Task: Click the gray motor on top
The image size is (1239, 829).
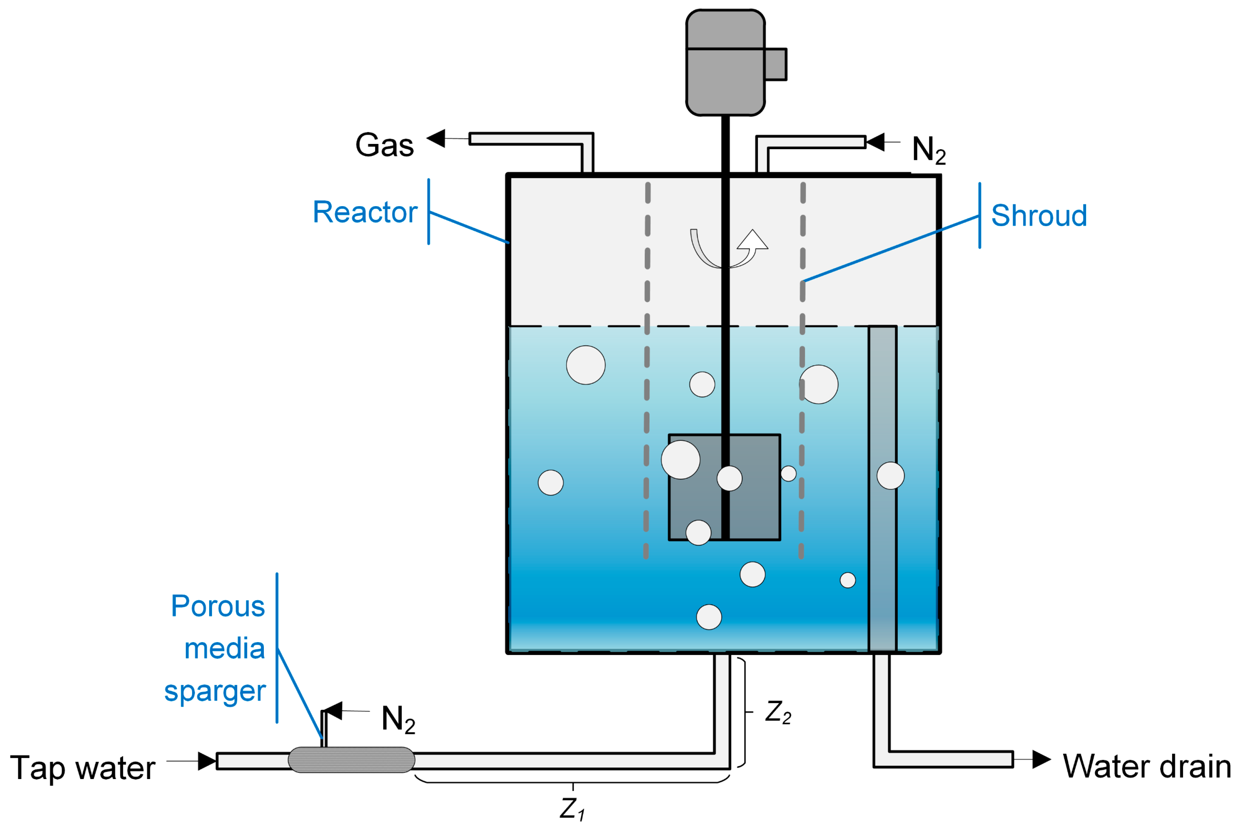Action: pos(725,63)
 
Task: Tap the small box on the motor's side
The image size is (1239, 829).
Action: pos(775,64)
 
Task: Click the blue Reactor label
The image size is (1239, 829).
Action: pos(365,212)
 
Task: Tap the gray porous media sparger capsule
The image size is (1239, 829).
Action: pos(351,760)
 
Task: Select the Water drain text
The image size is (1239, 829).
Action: pos(1146,766)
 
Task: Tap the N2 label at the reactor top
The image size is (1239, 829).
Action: pos(928,149)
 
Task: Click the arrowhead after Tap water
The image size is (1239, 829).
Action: pos(206,761)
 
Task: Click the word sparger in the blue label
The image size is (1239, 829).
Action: pos(215,691)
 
